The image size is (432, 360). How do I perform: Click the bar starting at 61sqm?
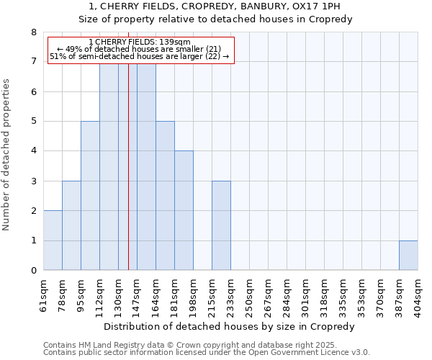[x=53, y=240]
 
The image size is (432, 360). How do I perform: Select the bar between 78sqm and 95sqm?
[x=71, y=225]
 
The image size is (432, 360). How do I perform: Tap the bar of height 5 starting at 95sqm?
[x=90, y=196]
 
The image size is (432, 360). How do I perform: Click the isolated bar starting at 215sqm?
[x=221, y=225]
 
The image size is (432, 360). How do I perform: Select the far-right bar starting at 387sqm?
[x=408, y=256]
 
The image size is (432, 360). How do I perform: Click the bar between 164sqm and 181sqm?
[x=165, y=196]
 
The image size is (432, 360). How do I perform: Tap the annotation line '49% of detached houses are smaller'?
[x=140, y=49]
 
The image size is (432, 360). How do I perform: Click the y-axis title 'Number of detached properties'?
[x=6, y=155]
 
